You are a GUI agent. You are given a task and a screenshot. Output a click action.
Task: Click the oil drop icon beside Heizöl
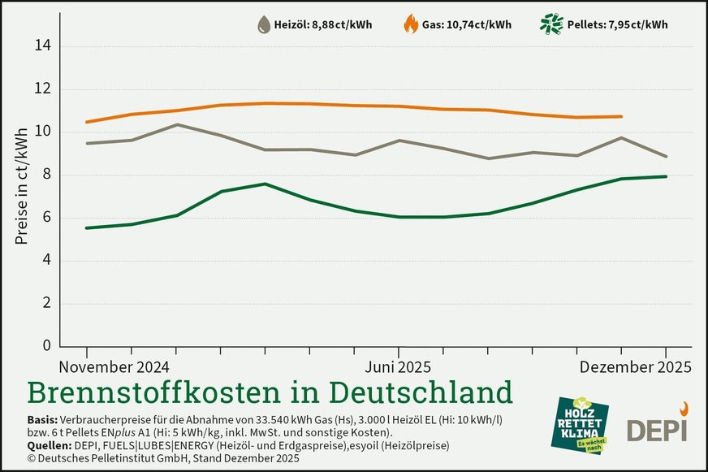tap(265, 24)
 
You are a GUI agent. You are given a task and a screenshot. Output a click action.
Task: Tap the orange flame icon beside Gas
tap(411, 24)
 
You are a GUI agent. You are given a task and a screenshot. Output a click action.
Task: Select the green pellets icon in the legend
tap(553, 24)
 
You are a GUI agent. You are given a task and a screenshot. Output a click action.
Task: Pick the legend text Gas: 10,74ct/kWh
tap(467, 24)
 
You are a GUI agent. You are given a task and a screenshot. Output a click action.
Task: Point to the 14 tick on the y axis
tap(41, 46)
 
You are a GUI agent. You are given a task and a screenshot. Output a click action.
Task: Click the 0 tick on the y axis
tap(45, 346)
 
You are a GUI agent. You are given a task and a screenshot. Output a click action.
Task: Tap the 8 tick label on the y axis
tap(45, 175)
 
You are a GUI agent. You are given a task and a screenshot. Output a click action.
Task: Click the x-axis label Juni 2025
tap(398, 367)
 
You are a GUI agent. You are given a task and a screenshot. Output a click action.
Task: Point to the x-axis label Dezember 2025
tap(636, 367)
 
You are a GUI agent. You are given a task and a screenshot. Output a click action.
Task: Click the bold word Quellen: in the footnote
tap(47, 445)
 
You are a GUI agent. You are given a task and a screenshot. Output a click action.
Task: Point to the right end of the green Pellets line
tap(667, 176)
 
